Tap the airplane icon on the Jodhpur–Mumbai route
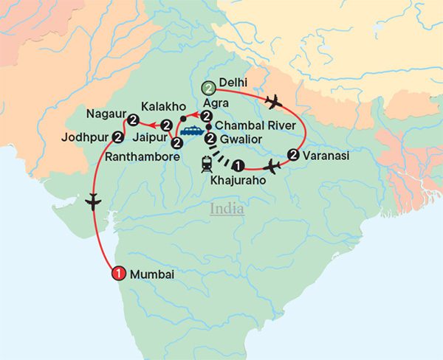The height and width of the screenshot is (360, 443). pyautogui.click(x=93, y=200)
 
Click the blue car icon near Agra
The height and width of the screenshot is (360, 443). pyautogui.click(x=194, y=131)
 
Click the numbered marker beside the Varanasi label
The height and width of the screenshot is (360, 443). pyautogui.click(x=294, y=155)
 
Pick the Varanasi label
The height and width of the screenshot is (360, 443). pyautogui.click(x=324, y=156)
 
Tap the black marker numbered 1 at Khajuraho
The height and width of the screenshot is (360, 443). pyautogui.click(x=236, y=165)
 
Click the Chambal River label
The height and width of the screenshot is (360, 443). pyautogui.click(x=247, y=126)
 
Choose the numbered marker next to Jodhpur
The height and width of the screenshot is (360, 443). pyautogui.click(x=117, y=136)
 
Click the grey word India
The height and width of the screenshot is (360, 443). pyautogui.click(x=227, y=209)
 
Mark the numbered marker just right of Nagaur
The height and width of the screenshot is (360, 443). pyautogui.click(x=133, y=120)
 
